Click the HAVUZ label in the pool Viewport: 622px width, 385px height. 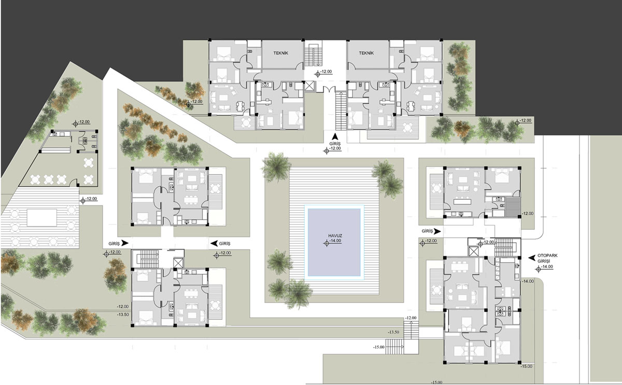[335, 236]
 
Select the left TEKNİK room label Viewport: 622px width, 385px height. [281, 53]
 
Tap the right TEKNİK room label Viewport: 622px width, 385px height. [366, 53]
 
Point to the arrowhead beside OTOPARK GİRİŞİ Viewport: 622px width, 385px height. [531, 258]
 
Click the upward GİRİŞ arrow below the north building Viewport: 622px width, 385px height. [335, 136]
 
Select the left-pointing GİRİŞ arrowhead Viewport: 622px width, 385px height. [214, 243]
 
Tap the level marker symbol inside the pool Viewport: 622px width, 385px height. [327, 243]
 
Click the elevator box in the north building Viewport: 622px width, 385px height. [309, 86]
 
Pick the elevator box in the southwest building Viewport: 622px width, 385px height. [178, 263]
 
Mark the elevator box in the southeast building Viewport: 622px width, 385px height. [473, 252]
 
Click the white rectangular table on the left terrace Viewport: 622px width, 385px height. [42, 218]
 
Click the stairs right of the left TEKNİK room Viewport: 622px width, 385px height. [313, 54]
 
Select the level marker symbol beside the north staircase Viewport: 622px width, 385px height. [318, 74]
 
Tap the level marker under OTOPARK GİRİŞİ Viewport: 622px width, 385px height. [539, 269]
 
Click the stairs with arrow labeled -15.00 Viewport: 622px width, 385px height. [394, 347]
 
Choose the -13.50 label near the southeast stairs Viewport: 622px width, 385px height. [393, 332]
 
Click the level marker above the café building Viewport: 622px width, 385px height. [75, 124]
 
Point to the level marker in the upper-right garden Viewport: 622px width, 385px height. [517, 122]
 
